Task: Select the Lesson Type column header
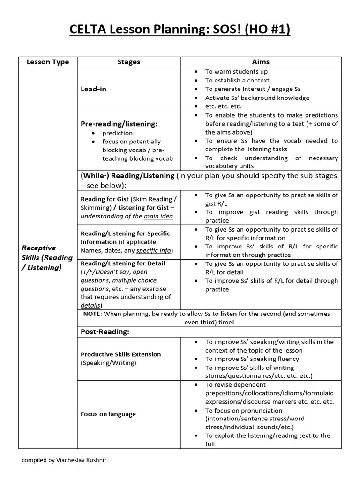(x=47, y=62)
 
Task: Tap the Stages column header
(x=128, y=62)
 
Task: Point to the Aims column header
(x=261, y=62)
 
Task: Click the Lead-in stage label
(x=93, y=89)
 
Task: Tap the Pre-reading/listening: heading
(x=119, y=124)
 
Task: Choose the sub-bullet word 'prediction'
(x=118, y=133)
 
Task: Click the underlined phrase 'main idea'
(x=158, y=216)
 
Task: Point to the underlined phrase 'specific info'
(x=154, y=251)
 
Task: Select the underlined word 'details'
(x=91, y=305)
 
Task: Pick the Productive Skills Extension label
(x=120, y=354)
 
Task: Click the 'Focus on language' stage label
(x=108, y=414)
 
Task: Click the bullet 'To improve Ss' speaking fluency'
(x=252, y=359)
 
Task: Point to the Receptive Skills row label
(x=47, y=257)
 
